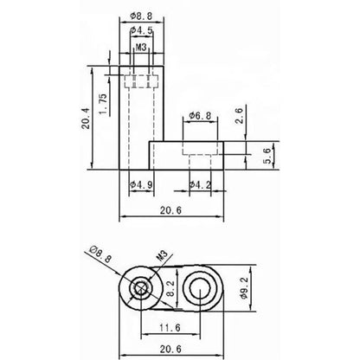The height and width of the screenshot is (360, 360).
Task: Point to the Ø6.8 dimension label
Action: [201, 115]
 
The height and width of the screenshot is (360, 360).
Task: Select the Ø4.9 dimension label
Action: [140, 184]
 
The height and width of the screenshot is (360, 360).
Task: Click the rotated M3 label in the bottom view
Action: [161, 256]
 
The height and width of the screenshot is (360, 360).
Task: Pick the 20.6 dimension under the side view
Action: [170, 209]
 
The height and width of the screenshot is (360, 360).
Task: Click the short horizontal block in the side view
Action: [188, 156]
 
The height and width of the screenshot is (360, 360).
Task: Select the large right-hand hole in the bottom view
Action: [207, 287]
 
